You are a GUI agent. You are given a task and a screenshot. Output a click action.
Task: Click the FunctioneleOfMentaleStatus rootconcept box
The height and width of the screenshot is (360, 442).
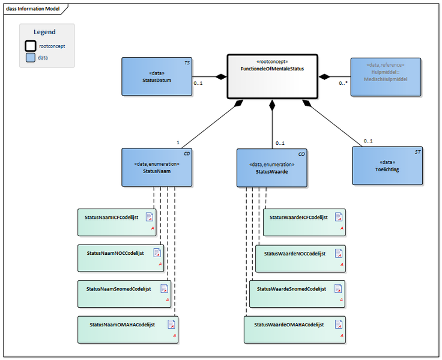coord(272,76)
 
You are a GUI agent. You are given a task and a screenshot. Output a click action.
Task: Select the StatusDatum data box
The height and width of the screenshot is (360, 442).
coord(157,76)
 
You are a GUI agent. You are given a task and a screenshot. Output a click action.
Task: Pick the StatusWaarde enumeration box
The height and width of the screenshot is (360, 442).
coord(273,168)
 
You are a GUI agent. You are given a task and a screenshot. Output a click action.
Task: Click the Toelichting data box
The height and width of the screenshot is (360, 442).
coord(387,166)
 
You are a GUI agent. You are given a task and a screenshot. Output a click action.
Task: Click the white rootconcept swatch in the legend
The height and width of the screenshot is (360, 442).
coord(30,46)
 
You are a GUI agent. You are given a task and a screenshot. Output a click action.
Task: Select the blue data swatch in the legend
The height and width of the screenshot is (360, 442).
coord(30,58)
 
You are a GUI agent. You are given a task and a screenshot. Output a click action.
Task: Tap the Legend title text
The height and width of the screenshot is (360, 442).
coord(44,32)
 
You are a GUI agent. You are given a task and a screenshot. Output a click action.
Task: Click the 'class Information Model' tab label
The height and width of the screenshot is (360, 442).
coord(32,8)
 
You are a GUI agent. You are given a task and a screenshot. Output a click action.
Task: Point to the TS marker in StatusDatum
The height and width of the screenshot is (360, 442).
coord(186,63)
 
